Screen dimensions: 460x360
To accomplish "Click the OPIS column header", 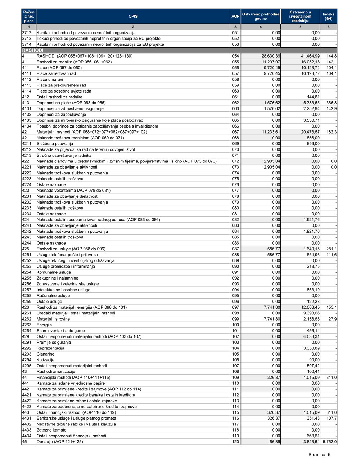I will [133, 16].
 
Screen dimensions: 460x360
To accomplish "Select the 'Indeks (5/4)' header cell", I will [328, 16].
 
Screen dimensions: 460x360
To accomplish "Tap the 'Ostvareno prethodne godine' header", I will [261, 16].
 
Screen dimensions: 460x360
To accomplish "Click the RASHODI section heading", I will [33, 50].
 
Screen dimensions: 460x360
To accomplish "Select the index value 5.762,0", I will [329, 442].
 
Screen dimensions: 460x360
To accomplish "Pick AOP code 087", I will [235, 249].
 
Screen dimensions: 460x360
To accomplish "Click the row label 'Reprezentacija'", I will [50, 348].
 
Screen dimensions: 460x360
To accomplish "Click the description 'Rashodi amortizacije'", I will [56, 372].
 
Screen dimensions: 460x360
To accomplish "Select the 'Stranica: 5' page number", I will [319, 455].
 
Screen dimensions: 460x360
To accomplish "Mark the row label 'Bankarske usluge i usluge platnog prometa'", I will [76, 419].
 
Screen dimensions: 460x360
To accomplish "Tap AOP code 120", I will [235, 442].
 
